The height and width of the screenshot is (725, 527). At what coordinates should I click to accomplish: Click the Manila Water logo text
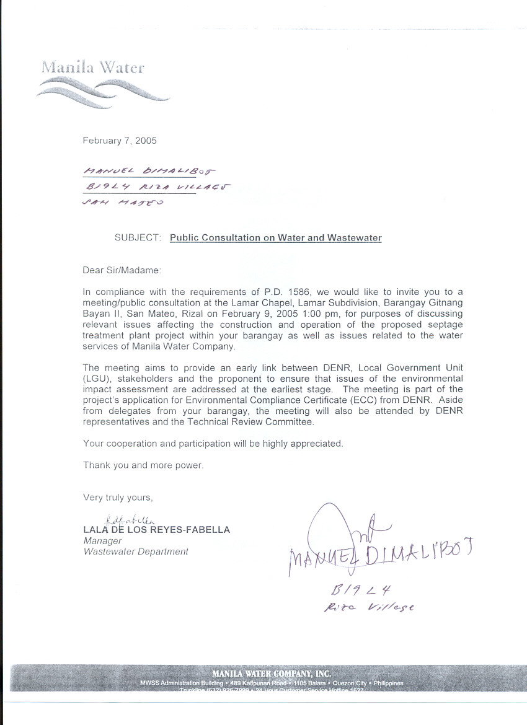tap(93, 67)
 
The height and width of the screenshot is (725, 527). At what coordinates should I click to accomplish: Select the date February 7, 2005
tap(120, 141)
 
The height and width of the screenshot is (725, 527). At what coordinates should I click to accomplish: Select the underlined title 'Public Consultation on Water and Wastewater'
tap(276, 238)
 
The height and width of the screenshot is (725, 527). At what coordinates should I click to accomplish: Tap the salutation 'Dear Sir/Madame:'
tap(122, 270)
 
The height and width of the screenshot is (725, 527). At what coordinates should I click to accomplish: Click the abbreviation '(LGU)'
tap(95, 379)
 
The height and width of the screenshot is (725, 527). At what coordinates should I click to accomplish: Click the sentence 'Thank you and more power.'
tap(143, 465)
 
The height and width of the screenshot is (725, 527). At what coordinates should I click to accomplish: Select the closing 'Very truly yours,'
tap(118, 498)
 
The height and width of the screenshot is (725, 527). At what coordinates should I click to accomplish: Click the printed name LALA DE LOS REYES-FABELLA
tap(156, 530)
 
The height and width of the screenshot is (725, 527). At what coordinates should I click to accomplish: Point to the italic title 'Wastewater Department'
tap(136, 551)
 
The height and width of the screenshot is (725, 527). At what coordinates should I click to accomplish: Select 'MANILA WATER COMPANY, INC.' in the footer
tap(271, 674)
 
